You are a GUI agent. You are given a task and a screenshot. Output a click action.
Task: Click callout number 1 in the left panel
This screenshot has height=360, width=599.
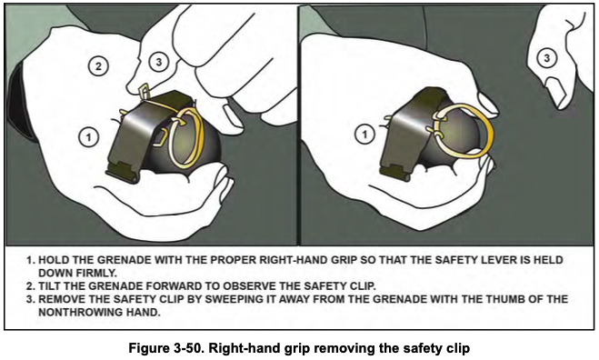(87, 136)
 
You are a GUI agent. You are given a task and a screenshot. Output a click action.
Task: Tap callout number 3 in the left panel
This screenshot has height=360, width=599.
(159, 62)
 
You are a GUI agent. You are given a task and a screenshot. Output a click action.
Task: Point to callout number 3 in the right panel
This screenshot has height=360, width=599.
(545, 58)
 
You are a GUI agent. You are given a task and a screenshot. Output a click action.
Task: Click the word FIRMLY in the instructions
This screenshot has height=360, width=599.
(93, 273)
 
